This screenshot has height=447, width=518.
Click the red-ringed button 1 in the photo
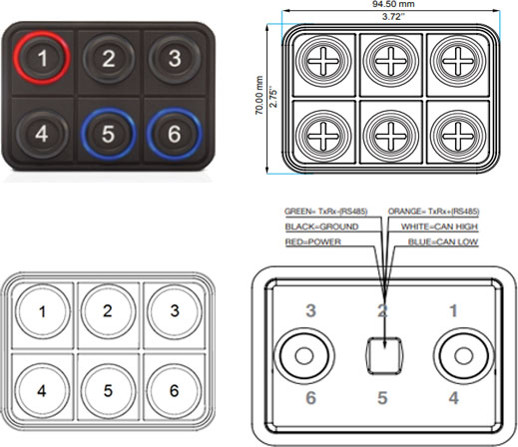[42, 58]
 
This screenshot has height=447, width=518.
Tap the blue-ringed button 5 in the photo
[108, 134]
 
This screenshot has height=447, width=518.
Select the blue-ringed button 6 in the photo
[175, 134]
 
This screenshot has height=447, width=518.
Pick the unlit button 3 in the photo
[175, 58]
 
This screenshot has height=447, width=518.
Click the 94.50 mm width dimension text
[393, 4]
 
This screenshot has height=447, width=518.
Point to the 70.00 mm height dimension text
[259, 96]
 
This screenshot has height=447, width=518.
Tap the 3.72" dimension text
[393, 17]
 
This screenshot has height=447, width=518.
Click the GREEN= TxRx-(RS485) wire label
[326, 212]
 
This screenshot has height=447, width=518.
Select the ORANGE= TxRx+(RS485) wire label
[433, 212]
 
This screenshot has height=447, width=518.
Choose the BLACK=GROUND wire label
[321, 226]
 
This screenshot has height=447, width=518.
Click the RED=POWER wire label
[313, 241]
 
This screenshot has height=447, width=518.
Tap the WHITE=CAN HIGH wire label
[439, 226]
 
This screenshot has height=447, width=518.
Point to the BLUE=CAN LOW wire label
[443, 241]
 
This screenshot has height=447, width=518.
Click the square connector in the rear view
[384, 356]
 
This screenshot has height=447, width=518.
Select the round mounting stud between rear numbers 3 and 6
[304, 356]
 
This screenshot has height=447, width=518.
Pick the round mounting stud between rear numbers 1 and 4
[463, 356]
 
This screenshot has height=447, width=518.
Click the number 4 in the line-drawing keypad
[42, 391]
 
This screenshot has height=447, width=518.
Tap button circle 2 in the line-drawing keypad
[108, 311]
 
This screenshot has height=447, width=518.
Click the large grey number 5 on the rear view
[382, 398]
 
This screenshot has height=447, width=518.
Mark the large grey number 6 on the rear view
[310, 398]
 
